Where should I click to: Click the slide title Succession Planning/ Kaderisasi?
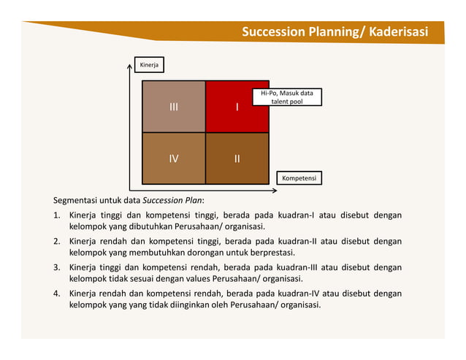point(335,32)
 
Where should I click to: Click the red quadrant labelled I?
point(237,107)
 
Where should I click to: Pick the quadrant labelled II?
point(237,158)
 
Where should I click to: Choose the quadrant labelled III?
point(173,107)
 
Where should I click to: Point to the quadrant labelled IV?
point(173,158)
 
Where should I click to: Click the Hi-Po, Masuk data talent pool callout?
point(286,97)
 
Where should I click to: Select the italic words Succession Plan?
point(172,200)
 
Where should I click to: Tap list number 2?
point(56,240)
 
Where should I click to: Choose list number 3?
point(56,267)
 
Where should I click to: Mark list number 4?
point(56,293)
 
